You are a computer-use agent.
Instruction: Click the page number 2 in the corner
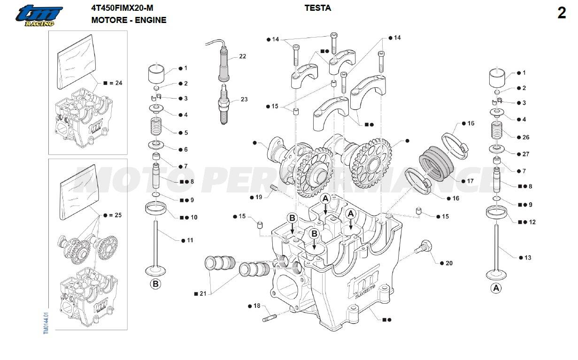[562, 14]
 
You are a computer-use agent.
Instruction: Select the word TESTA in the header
[317, 8]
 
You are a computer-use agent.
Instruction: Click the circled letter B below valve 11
[155, 284]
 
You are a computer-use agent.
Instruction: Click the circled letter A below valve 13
[496, 288]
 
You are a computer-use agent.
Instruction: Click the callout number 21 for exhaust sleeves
[203, 294]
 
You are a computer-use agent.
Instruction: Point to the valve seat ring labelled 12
[497, 214]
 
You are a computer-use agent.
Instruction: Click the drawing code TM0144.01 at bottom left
[46, 323]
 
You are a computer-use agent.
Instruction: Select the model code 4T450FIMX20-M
[122, 8]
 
